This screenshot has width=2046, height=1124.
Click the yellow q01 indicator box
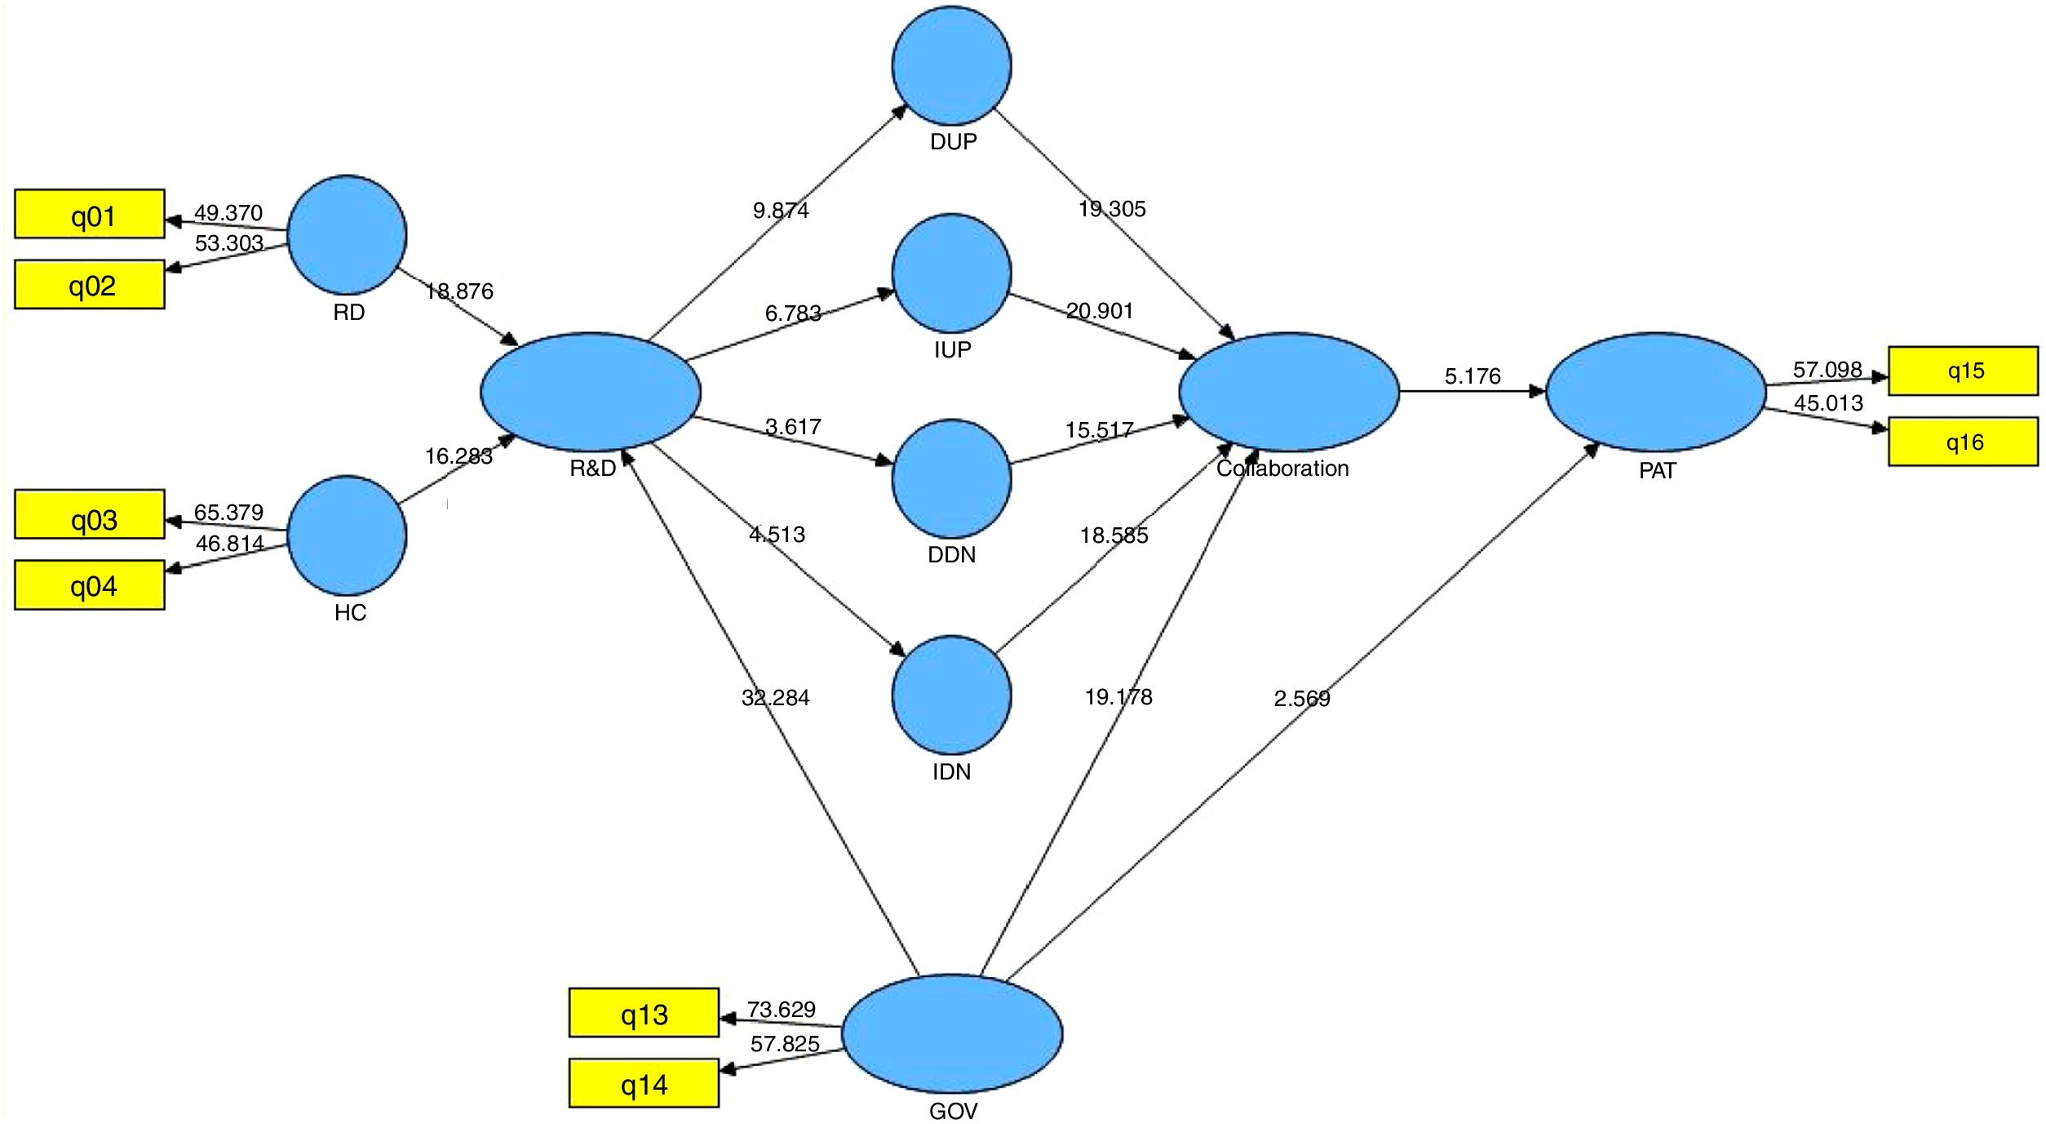pyautogui.click(x=90, y=214)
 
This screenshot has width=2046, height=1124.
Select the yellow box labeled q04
pyautogui.click(x=90, y=584)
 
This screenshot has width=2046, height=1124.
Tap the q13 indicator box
pyautogui.click(x=644, y=1013)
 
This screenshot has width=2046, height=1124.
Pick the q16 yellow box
pyautogui.click(x=1963, y=442)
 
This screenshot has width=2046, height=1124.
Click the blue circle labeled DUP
pyautogui.click(x=951, y=65)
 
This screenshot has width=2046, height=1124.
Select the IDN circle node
pyautogui.click(x=951, y=695)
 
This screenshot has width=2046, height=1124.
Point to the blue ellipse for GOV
pyautogui.click(x=952, y=1033)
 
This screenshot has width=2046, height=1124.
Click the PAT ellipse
pyautogui.click(x=1655, y=392)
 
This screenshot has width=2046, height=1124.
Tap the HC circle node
pyautogui.click(x=347, y=535)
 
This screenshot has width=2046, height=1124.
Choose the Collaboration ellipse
pyautogui.click(x=1289, y=392)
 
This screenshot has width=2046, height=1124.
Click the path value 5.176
pyautogui.click(x=1472, y=376)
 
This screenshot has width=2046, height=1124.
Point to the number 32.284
pyautogui.click(x=775, y=698)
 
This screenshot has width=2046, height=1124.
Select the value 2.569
pyautogui.click(x=1302, y=699)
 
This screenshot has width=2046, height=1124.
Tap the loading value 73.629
pyautogui.click(x=781, y=1010)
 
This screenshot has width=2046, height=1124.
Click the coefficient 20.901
pyautogui.click(x=1099, y=311)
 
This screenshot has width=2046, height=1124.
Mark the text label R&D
pyautogui.click(x=592, y=469)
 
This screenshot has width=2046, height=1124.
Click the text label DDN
pyautogui.click(x=951, y=555)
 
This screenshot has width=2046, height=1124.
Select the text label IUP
pyautogui.click(x=952, y=350)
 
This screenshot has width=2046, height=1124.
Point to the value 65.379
pyautogui.click(x=228, y=513)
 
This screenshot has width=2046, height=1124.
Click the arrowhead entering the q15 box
pyautogui.click(x=1880, y=377)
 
